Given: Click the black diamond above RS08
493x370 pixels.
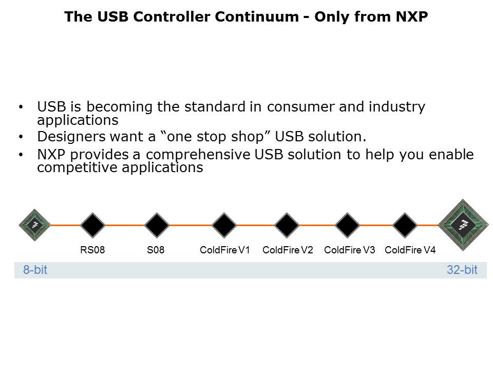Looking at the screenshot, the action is pos(92,225).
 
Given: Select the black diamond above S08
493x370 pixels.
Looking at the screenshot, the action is pos(157,225).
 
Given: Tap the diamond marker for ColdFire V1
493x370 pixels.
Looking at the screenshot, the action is pos(224,225).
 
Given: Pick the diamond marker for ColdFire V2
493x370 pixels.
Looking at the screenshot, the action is pos(287,225).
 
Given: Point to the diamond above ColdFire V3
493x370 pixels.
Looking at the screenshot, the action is pos(347,225).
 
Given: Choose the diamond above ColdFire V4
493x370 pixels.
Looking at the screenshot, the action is pos(405,225).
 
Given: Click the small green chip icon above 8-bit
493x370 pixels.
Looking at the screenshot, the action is pos(34,225).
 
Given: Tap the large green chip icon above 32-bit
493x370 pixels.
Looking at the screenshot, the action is pos(463,225).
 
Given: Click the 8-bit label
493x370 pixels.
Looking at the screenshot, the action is pos(35,270).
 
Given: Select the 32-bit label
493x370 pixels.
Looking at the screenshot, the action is pos(462,270).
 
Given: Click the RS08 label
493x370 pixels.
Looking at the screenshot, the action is pos(92,250).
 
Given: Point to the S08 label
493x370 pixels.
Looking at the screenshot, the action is pos(156,250).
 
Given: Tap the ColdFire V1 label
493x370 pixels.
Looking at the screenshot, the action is pos(225,250).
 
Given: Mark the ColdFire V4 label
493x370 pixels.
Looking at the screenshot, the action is pos(410,250).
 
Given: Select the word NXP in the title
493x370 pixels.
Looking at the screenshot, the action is pos(411,16).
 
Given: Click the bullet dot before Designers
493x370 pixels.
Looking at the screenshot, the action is pos(21,137).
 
